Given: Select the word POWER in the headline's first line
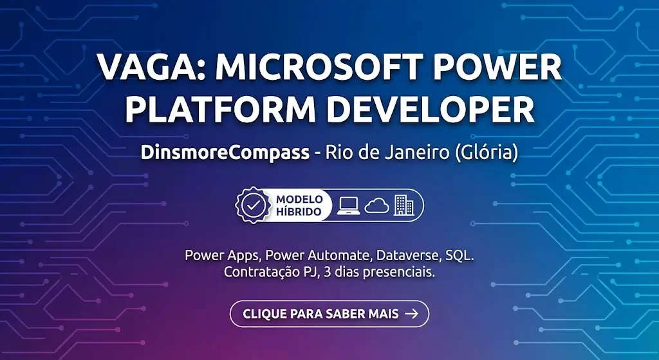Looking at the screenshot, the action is [x=498, y=67].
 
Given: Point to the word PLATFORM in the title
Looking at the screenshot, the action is [x=220, y=109].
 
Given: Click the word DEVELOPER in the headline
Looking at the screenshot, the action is [x=431, y=109].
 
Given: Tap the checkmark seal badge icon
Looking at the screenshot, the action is [x=254, y=205].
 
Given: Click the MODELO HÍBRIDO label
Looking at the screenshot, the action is [x=299, y=205].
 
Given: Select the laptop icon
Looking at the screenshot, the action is [x=348, y=205].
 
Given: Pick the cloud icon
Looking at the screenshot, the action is [x=376, y=205].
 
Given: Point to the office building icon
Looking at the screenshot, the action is [x=404, y=205].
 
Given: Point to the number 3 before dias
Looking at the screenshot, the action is [x=328, y=272].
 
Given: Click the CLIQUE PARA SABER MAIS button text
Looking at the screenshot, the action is [x=320, y=314].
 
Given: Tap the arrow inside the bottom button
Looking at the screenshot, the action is [x=411, y=314].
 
